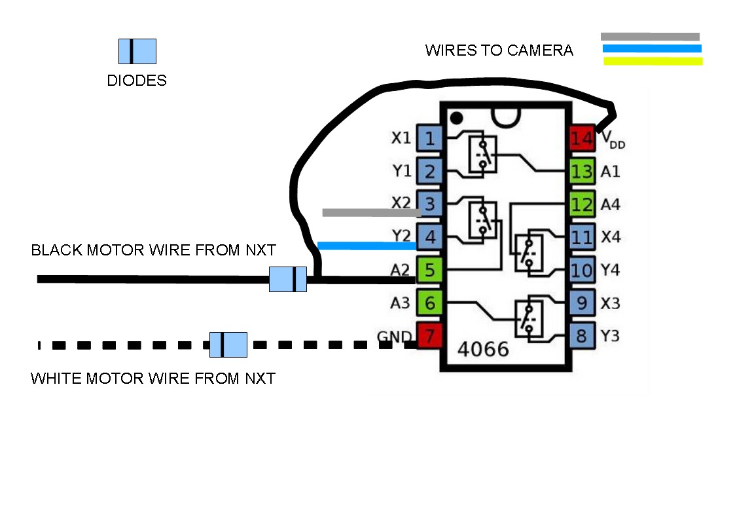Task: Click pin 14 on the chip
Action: [582, 138]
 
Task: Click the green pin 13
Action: [582, 172]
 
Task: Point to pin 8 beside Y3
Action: [582, 337]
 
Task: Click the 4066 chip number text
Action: [483, 349]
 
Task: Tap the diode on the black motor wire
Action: [288, 279]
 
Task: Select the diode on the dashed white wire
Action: [228, 344]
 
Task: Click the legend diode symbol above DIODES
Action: [137, 51]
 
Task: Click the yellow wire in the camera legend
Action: [653, 62]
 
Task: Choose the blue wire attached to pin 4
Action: [367, 246]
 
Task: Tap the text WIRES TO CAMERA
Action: [499, 50]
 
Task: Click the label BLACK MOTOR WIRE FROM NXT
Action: [154, 250]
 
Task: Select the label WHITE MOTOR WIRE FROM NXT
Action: [153, 379]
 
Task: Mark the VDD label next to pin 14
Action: [613, 139]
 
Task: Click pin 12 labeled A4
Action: [582, 204]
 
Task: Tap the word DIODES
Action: [137, 81]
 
